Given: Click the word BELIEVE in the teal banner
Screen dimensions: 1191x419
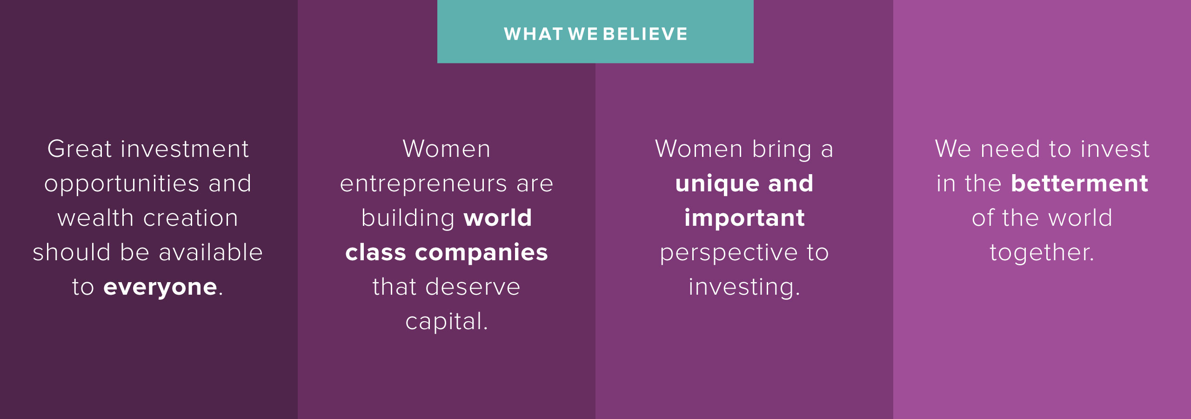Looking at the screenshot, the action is coord(645,34).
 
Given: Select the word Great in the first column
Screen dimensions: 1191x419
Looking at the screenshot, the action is coord(80,149).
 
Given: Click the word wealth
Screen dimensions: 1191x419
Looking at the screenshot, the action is coord(96,218).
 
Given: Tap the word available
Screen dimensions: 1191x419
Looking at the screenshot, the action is coord(211,252).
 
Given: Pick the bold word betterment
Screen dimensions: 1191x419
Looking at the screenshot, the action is coord(1079,183).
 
